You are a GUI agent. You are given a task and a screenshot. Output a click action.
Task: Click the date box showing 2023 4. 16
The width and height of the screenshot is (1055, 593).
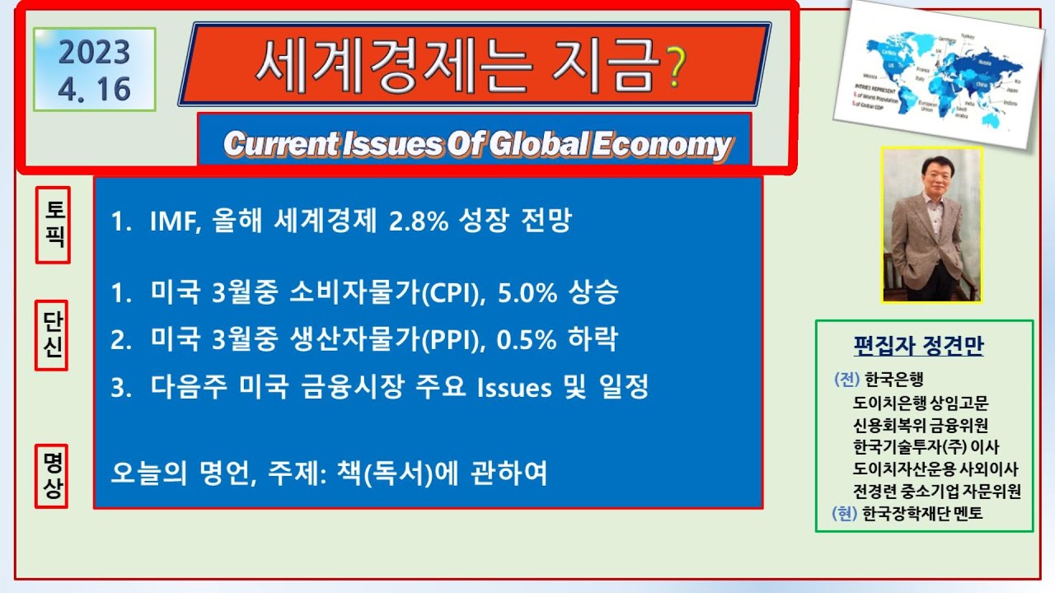tap(95, 70)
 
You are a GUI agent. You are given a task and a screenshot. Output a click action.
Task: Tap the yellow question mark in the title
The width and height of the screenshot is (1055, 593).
tap(675, 68)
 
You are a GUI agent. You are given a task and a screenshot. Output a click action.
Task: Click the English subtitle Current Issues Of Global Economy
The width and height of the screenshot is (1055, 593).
tap(476, 145)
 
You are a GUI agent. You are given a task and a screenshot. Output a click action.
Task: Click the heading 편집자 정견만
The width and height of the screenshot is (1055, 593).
tap(918, 347)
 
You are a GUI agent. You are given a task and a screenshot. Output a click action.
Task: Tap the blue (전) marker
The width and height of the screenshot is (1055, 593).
tap(846, 380)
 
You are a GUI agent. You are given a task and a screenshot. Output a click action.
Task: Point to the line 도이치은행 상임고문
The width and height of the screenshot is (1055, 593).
tap(921, 403)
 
